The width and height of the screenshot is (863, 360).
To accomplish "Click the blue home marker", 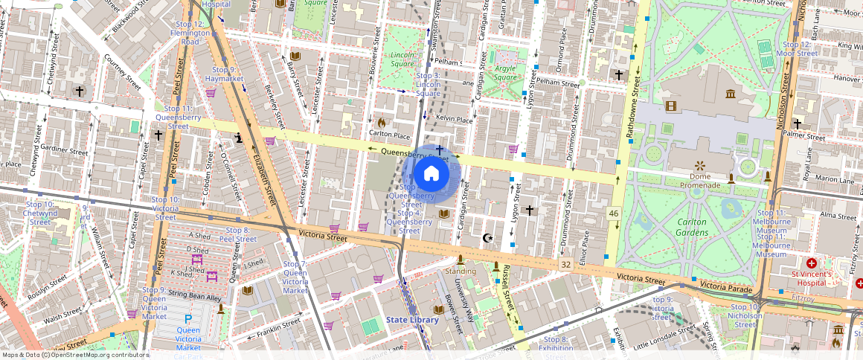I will (431, 175).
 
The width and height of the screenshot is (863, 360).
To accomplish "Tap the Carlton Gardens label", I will (691, 227).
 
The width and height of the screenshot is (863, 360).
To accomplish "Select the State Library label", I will (412, 320).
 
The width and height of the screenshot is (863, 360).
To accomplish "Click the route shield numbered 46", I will (613, 213).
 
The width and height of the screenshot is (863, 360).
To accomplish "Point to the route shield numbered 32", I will (565, 264).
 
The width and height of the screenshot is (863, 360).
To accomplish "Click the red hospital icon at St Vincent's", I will (811, 263).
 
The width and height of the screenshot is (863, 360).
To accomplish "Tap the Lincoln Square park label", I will (402, 60).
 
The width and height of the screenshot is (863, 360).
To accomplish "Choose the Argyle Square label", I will (505, 73).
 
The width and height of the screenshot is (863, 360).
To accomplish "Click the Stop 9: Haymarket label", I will (225, 74).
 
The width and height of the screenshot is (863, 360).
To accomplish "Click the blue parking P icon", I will (188, 319).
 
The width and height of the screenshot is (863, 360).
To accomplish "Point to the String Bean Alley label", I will (195, 297).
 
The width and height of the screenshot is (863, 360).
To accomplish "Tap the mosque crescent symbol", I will (488, 238).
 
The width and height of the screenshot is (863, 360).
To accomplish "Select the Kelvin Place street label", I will (455, 119).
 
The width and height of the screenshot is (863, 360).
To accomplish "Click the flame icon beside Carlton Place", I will (382, 123).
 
